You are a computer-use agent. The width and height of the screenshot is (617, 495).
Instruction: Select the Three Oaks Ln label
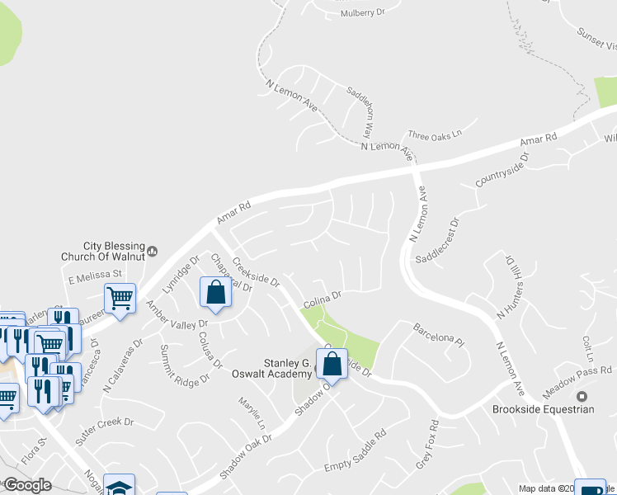pyautogui.click(x=435, y=134)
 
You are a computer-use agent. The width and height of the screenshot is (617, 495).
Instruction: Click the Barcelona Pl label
pyautogui.click(x=440, y=332)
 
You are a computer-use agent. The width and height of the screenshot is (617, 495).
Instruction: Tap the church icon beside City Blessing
pyautogui.click(x=152, y=247)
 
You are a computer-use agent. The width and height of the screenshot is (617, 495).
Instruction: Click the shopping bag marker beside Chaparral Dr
pyautogui.click(x=215, y=291)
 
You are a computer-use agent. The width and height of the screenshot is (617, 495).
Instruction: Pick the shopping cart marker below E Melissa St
pyautogui.click(x=120, y=298)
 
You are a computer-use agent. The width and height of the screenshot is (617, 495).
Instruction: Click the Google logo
pyautogui.click(x=27, y=484)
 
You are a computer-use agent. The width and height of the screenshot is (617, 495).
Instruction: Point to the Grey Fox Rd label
pyautogui.click(x=426, y=444)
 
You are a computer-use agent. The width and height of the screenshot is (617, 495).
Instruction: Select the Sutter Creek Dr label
pyautogui.click(x=105, y=427)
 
